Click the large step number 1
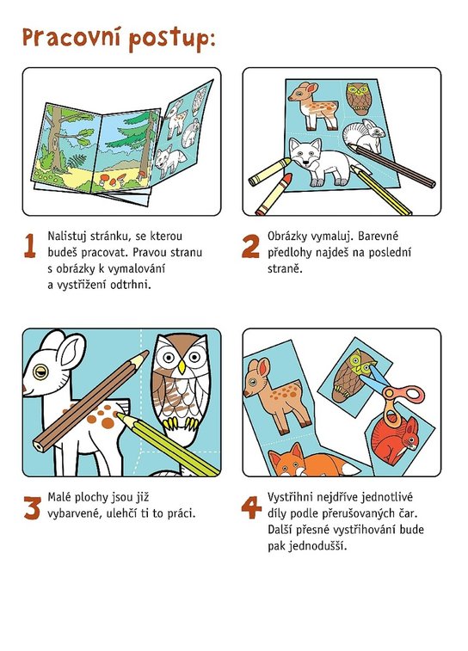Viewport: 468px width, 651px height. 29,246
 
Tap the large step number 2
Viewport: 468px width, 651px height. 250,246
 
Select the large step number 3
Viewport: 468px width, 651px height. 32,507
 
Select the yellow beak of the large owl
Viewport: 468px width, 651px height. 182,367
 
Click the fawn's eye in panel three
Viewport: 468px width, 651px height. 40,372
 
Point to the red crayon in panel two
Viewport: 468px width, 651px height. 274,193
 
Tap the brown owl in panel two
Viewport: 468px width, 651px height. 358,98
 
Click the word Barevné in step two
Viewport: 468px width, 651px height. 378,236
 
